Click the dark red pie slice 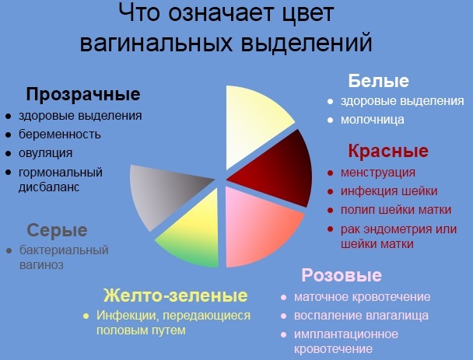pyautogui.click(x=276, y=163)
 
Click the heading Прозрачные pyautogui.click(x=83, y=95)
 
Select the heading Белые pyautogui.click(x=378, y=81)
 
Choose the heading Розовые pyautogui.click(x=341, y=275)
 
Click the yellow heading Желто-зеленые pyautogui.click(x=176, y=295)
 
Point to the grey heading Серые pyautogui.click(x=57, y=230)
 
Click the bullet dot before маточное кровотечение pyautogui.click(x=286, y=297)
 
